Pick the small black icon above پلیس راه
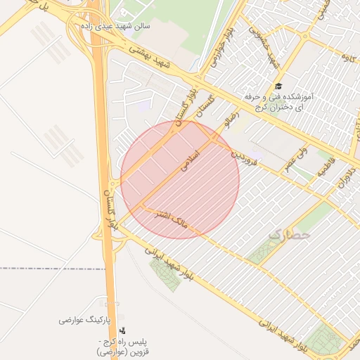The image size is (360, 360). pyautogui.click(x=124, y=330)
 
